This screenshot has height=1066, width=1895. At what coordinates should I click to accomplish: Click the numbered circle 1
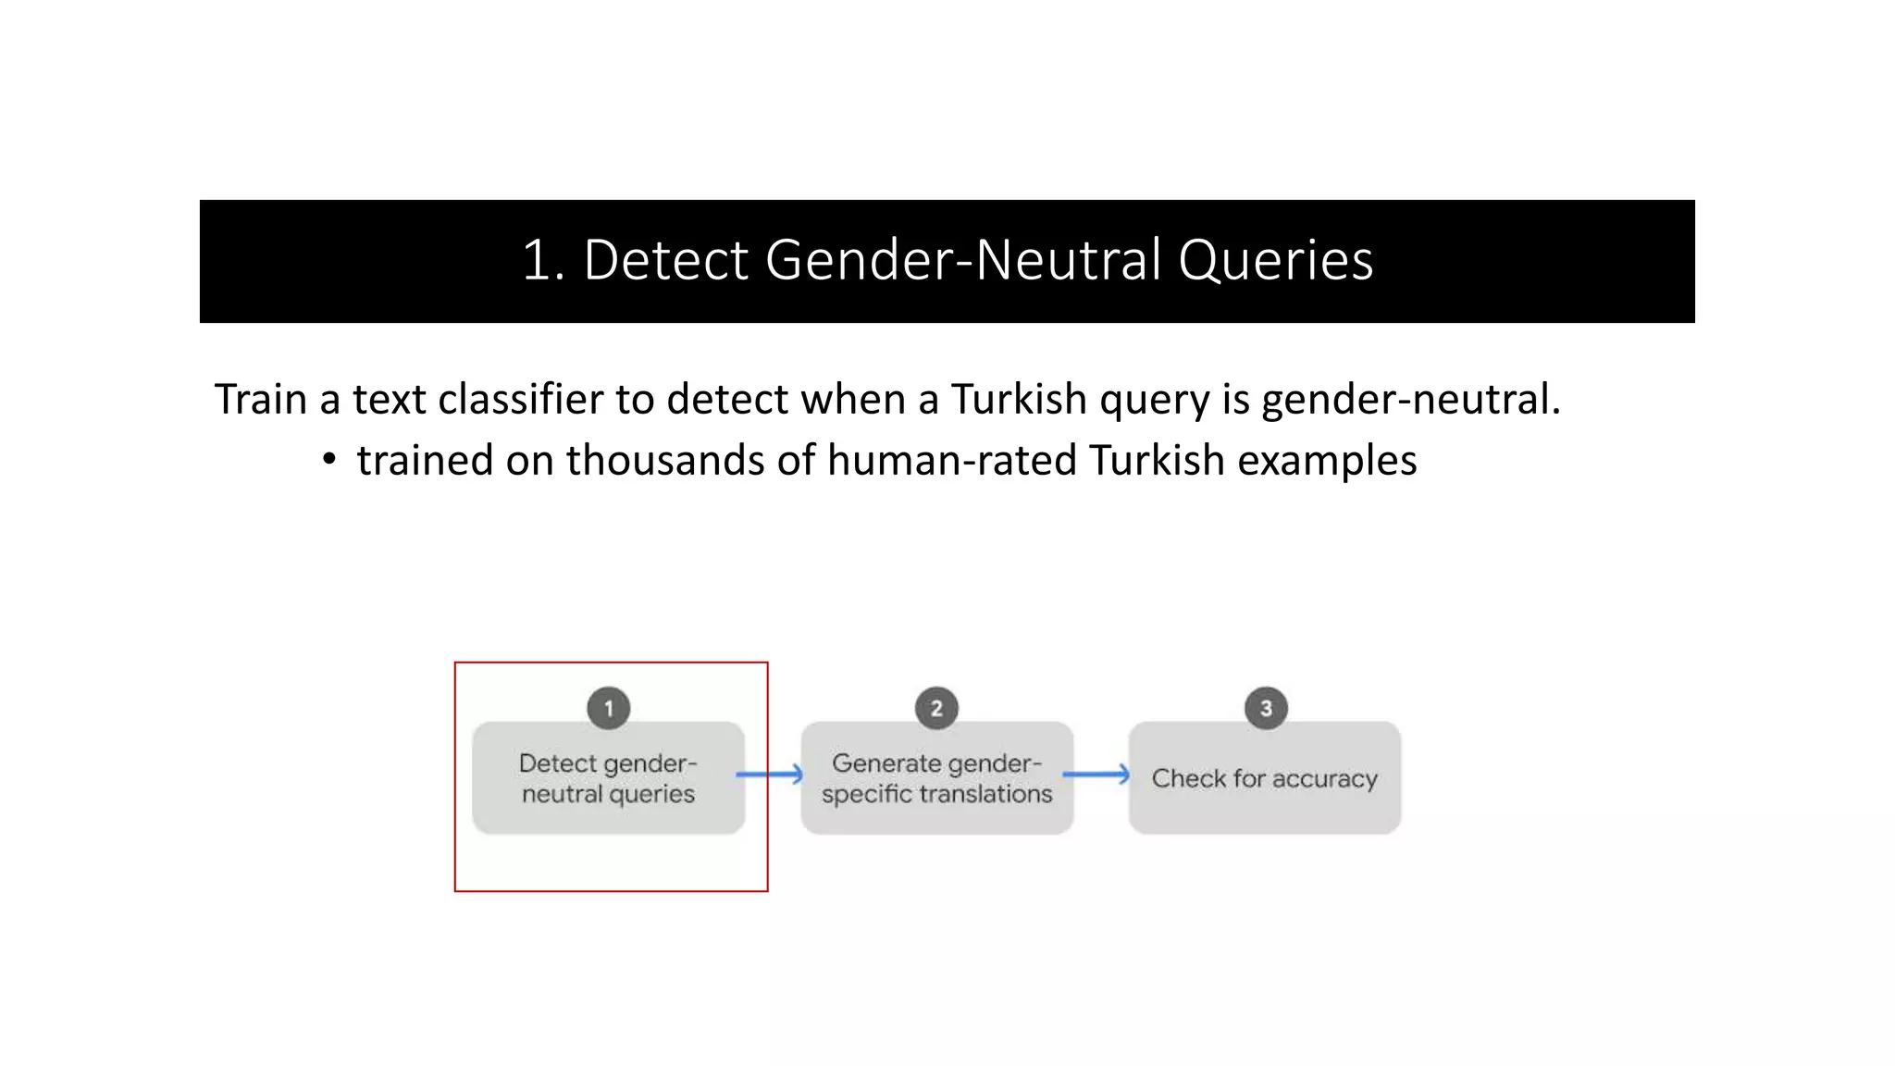tap(608, 709)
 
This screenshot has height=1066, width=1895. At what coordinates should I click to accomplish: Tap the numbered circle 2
tap(936, 709)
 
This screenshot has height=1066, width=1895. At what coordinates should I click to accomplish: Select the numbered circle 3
tap(1266, 709)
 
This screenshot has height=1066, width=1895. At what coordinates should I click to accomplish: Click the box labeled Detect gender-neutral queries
tap(608, 779)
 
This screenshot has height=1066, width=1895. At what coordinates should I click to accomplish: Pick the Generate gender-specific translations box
tap(936, 779)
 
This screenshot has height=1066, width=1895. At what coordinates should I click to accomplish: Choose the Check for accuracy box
tap(1264, 779)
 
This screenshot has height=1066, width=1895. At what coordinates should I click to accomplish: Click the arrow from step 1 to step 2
tap(770, 775)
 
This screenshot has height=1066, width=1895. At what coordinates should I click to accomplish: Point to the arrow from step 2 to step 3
tap(1097, 775)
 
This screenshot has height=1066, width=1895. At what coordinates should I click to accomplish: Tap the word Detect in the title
tap(665, 260)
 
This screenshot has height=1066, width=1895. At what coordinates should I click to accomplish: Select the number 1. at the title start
tap(543, 260)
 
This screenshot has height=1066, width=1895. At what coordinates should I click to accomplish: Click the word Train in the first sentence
tap(260, 400)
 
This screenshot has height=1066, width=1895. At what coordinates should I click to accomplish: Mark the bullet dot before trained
tap(329, 459)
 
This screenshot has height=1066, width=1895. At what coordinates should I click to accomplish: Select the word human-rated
tap(952, 460)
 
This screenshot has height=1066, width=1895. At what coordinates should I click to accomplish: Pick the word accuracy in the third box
tap(1325, 779)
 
